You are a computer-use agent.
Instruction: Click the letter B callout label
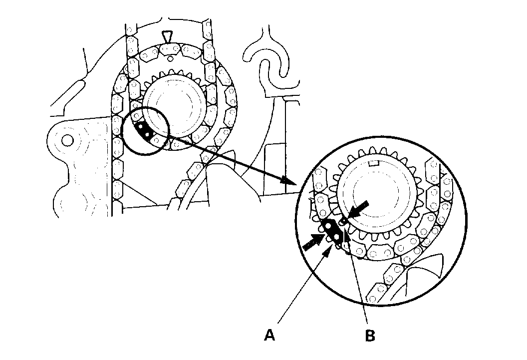369,336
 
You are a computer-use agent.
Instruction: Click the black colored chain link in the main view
144,130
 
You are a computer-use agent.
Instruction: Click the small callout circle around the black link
145,131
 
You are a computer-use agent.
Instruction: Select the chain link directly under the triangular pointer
170,48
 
